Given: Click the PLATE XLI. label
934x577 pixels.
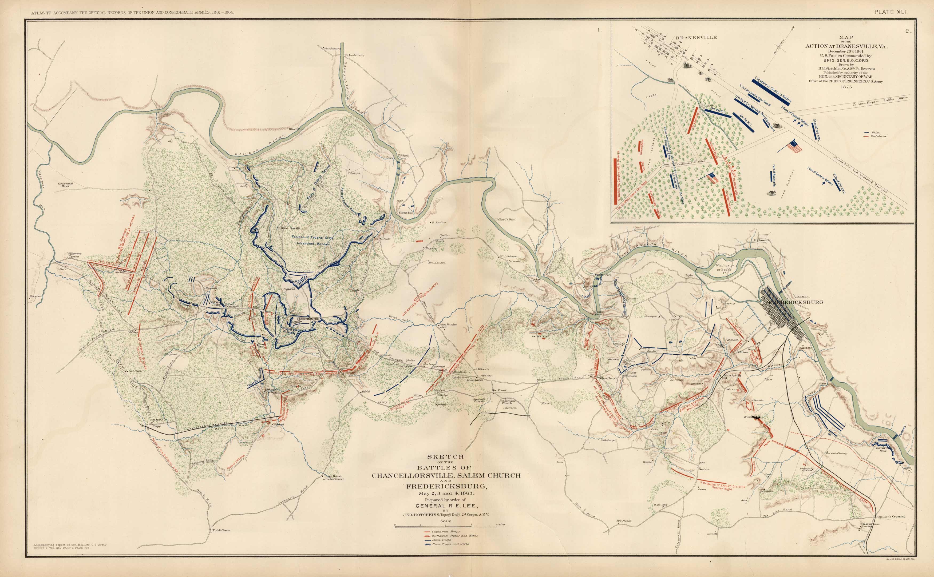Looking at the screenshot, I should (891, 12).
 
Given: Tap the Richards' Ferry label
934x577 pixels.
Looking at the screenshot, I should (354, 55).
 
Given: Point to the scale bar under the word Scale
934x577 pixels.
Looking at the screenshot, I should (445, 527).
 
